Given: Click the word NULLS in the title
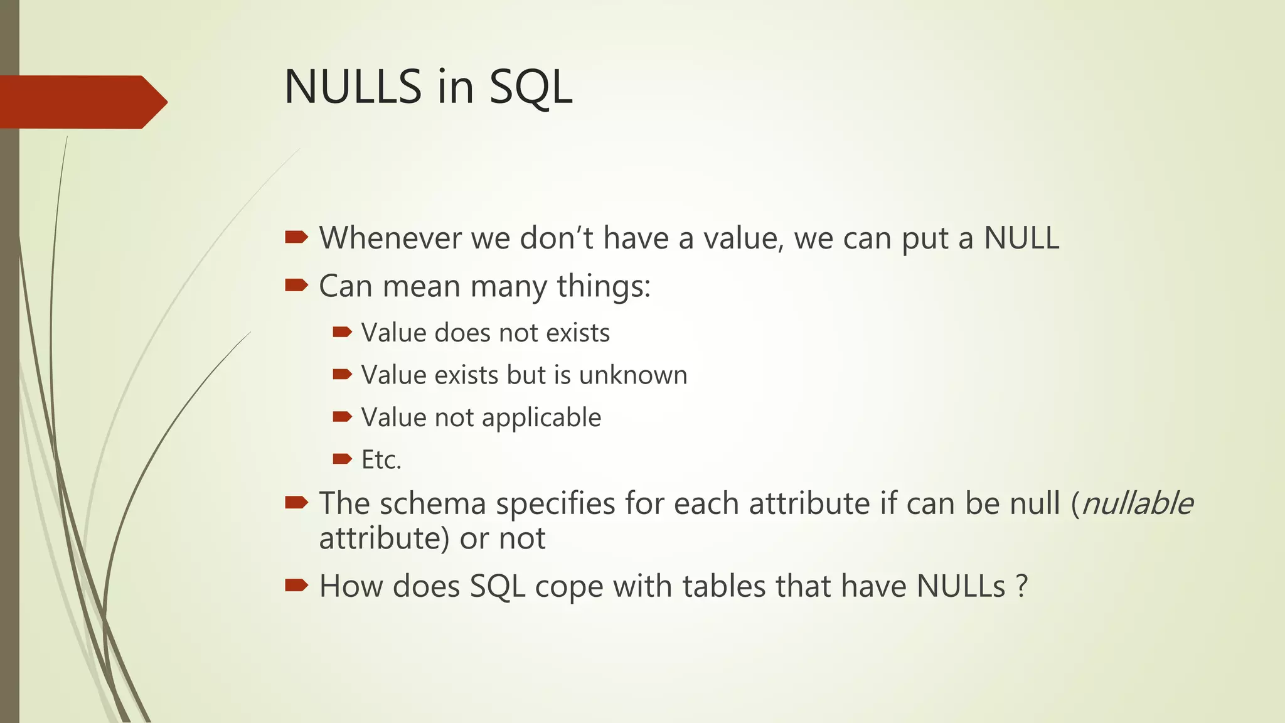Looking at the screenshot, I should (x=353, y=87).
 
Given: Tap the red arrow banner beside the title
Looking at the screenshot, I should (x=82, y=102).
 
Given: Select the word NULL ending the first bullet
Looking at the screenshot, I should (x=1021, y=238).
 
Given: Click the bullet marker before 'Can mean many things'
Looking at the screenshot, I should (x=296, y=286).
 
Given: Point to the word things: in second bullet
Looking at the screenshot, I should (x=603, y=286).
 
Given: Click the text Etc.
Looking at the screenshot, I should (x=381, y=460).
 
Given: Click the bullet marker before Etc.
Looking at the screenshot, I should (x=342, y=459).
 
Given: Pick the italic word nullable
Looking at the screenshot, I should (x=1137, y=503).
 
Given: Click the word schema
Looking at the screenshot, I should (x=432, y=503).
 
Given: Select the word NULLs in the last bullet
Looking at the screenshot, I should (x=961, y=586).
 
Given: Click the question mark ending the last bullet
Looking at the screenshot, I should (x=1021, y=586).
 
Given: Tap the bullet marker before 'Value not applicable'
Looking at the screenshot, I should (x=342, y=417).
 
